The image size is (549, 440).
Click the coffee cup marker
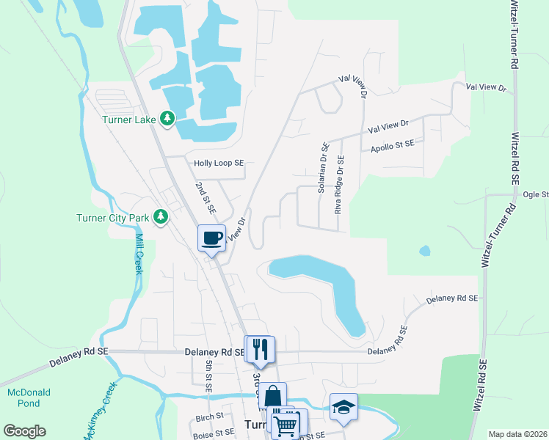click(211, 238)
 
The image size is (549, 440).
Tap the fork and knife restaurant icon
click(260, 349)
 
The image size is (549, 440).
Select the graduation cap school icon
click(343, 407)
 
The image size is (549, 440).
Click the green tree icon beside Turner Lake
click(167, 118)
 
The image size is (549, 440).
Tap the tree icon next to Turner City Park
click(159, 217)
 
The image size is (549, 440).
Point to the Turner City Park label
click(112, 217)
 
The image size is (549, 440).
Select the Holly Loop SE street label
click(218, 164)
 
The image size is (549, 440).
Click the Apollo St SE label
click(391, 145)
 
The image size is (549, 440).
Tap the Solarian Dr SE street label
click(322, 168)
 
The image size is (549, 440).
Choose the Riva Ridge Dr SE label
click(339, 184)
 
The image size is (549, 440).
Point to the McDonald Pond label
click(29, 397)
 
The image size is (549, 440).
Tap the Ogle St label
click(536, 194)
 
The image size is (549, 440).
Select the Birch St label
click(209, 417)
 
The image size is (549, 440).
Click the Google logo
click(24, 431)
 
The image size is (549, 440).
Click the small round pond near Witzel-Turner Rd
click(424, 251)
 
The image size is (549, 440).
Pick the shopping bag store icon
click(272, 396)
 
